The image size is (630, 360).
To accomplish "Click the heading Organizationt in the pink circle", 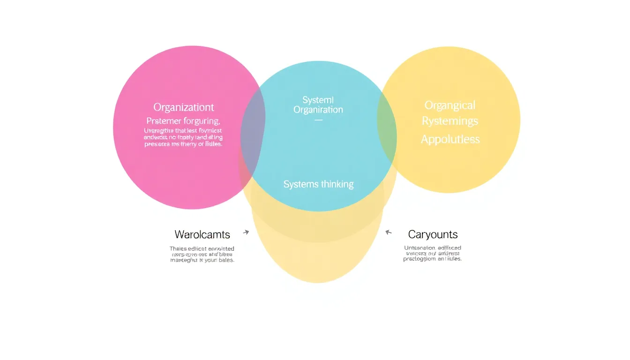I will pos(184,107).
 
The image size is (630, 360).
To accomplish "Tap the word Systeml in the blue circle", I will pos(318,100).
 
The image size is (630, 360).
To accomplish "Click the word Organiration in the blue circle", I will pos(318,110).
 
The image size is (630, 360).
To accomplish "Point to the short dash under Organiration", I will pos(318,120).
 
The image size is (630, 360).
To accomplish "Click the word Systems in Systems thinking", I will pos(301,184).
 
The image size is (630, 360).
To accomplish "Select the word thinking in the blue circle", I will pos(337,184).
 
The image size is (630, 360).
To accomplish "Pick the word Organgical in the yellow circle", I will pos(450,105).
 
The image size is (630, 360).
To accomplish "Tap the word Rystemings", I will pos(450,121).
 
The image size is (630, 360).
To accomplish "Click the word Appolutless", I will pos(450,139).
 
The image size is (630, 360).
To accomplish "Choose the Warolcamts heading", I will pos(202,234).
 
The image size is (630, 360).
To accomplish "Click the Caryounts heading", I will pos(433,234).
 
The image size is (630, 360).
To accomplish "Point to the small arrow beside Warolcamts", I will pos(246,232).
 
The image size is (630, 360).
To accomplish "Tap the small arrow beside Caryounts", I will pos(388,232).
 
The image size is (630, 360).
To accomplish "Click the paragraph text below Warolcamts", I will pos(202,254).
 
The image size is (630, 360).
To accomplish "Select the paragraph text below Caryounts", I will pos(432,253).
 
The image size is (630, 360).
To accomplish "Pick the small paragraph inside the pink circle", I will pos(183,138).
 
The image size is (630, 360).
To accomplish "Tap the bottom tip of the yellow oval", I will pos(317,282).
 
